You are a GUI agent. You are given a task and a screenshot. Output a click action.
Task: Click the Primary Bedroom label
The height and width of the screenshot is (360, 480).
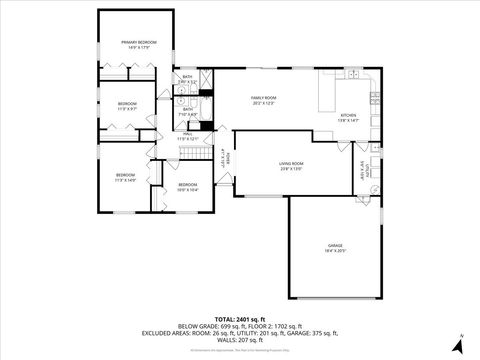click(141, 42)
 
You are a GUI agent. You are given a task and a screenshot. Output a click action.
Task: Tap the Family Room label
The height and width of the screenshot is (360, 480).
click(263, 98)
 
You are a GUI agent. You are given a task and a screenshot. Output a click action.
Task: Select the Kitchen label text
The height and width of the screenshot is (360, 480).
click(347, 116)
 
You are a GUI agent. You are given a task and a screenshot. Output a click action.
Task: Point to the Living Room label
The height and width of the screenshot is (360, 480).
click(291, 163)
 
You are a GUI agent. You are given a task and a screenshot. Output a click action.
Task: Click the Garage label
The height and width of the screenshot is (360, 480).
click(335, 245)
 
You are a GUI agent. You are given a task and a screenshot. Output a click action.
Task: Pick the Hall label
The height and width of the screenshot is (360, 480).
click(187, 133)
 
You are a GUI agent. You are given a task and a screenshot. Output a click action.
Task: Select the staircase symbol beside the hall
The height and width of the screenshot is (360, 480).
click(190, 151)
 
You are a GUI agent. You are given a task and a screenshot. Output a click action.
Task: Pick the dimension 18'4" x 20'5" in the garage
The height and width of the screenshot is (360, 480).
click(335, 251)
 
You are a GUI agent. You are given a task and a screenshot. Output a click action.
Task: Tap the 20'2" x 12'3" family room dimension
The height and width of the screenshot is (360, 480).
click(263, 104)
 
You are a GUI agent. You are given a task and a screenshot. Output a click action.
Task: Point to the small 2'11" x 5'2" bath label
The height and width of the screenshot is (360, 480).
click(187, 81)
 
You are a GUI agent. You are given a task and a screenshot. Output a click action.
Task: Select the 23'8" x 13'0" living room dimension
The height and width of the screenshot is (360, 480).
click(291, 169)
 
